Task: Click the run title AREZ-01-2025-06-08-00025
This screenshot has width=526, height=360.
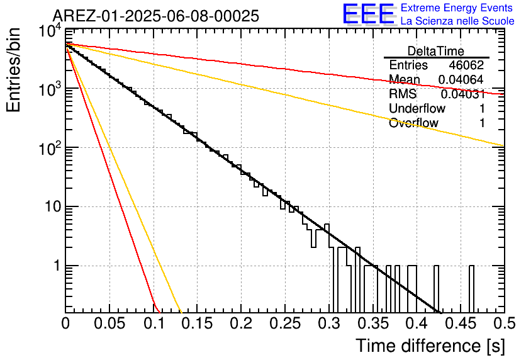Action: [x=156, y=16]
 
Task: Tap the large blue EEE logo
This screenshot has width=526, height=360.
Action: [x=368, y=14]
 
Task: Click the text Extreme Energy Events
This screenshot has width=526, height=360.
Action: [x=457, y=8]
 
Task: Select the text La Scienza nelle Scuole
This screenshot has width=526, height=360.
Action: [x=457, y=21]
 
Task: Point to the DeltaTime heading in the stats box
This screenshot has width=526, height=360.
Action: [x=436, y=51]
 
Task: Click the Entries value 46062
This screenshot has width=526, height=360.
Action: [x=466, y=65]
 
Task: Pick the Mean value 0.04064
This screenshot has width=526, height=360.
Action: [x=461, y=79]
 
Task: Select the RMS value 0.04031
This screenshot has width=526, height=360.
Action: [x=463, y=94]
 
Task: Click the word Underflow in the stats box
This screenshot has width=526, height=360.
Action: [x=417, y=108]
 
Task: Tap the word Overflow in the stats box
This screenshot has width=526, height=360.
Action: [x=413, y=123]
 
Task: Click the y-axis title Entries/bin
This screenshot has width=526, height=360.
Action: [x=13, y=70]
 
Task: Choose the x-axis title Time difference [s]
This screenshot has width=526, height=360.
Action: [x=430, y=346]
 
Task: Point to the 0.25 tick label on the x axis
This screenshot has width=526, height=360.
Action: [x=285, y=323]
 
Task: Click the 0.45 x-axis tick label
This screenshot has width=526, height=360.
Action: [x=461, y=323]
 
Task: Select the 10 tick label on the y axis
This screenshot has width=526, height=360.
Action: [x=53, y=206]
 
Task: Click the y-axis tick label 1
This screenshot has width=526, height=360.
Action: [x=57, y=266]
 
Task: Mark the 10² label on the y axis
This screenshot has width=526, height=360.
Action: [x=50, y=148]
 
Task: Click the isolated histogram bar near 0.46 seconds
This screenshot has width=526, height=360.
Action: [x=471, y=288]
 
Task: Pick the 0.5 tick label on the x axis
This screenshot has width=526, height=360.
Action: [x=505, y=323]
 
